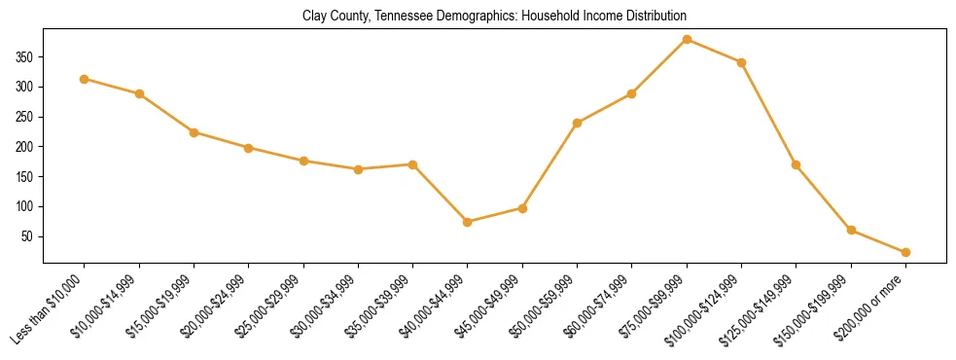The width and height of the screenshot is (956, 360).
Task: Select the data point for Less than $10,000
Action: coord(85,79)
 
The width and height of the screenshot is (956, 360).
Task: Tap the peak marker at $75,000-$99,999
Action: coord(687,39)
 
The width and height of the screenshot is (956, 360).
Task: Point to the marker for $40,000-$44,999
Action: coord(468,222)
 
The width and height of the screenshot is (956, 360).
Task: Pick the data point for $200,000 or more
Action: coord(905,252)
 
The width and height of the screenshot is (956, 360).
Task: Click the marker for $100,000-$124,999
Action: coord(741,62)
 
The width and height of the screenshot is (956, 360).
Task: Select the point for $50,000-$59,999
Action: coord(577,123)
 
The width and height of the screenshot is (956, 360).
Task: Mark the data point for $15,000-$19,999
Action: coord(195,132)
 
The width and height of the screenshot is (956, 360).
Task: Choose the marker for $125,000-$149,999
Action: coord(797,164)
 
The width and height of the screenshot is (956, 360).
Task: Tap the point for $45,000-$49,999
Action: coord(522,208)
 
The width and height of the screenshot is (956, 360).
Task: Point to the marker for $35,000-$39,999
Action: coord(412,164)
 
